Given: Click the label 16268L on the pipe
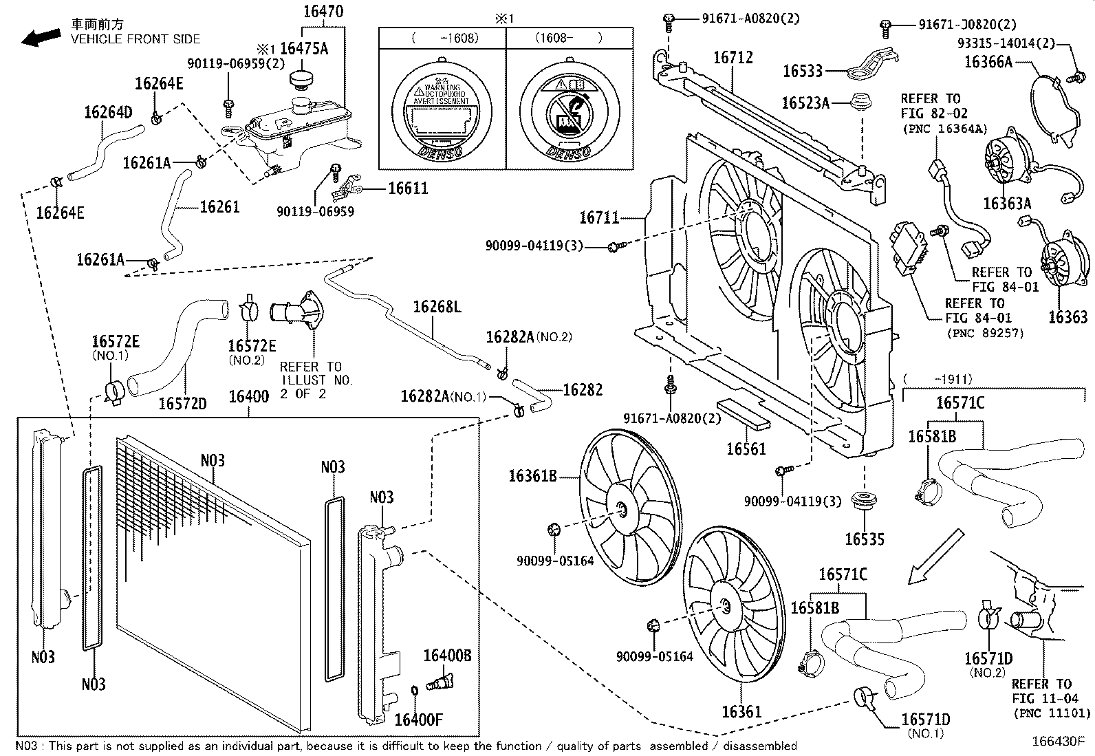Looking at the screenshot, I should tap(437, 307).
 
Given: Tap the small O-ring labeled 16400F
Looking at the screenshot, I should tap(414, 690).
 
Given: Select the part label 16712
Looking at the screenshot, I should tap(733, 58).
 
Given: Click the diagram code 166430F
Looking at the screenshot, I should tap(1058, 742).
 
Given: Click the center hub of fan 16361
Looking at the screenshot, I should tap(724, 605).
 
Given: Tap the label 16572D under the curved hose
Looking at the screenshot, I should tap(182, 404).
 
